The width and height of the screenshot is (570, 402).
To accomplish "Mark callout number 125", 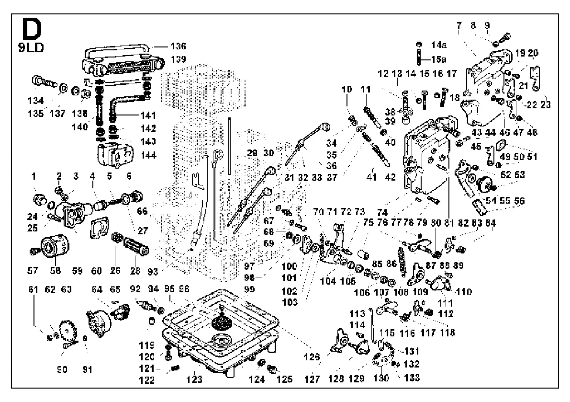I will (286, 379).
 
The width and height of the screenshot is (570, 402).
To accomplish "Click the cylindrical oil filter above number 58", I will (51, 247).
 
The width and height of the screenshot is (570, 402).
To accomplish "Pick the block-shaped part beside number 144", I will (114, 155).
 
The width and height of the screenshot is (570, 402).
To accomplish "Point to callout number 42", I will (390, 177).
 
